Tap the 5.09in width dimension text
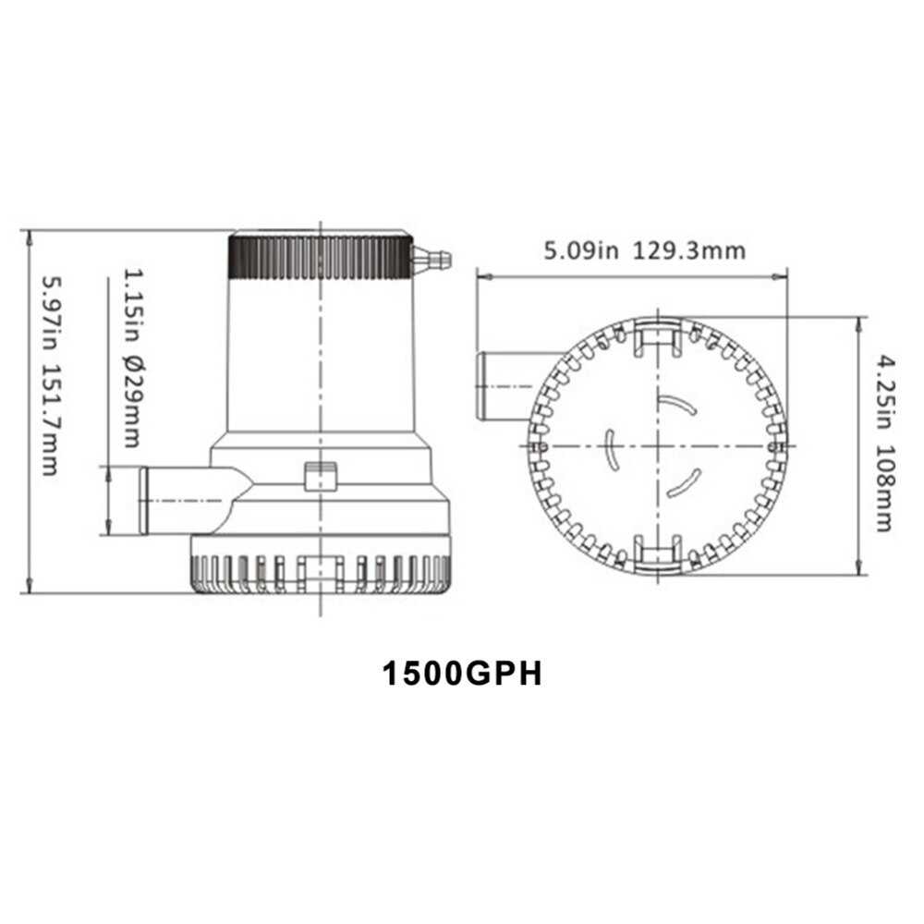(x=579, y=250)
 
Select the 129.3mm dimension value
(x=689, y=250)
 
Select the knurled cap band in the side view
(x=320, y=258)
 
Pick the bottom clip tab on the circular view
(x=657, y=555)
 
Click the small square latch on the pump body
(x=320, y=477)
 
